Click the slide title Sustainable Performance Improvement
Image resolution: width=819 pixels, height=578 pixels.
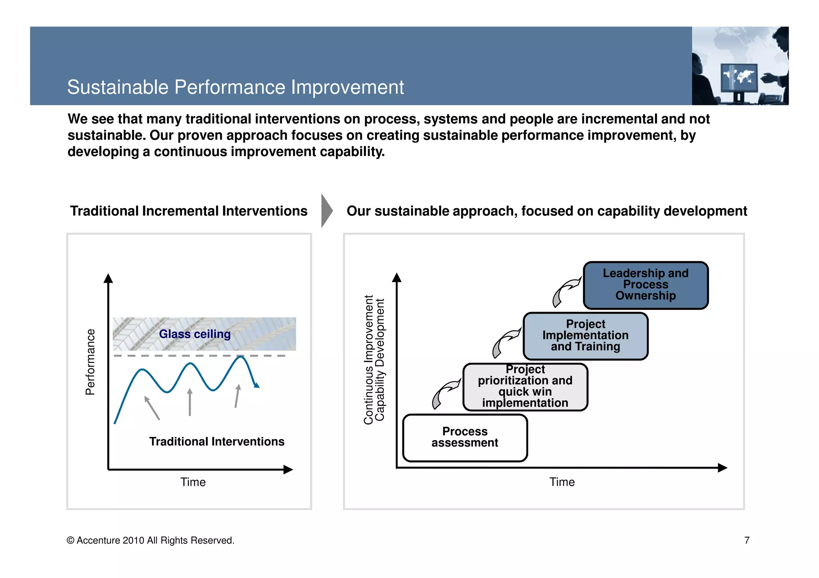click(x=235, y=87)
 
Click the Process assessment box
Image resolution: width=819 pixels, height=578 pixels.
click(x=465, y=438)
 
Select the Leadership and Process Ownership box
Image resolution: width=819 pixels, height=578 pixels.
click(x=645, y=285)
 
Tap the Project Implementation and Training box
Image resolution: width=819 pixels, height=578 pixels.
click(x=585, y=336)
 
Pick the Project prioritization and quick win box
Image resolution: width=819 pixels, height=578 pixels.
click(x=525, y=387)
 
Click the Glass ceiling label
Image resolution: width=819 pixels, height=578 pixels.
click(x=195, y=334)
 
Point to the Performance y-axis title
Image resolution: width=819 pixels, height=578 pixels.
click(x=90, y=362)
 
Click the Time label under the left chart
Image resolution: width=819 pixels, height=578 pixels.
click(x=193, y=482)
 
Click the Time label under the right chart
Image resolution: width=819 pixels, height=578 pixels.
click(x=562, y=482)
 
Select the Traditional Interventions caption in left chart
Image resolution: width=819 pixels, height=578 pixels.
click(x=217, y=441)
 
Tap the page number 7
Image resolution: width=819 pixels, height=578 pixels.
click(x=747, y=540)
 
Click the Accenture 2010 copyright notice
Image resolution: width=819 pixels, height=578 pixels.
click(x=150, y=540)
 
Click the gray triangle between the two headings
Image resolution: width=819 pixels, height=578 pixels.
click(x=326, y=211)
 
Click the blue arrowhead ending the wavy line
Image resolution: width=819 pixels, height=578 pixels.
click(x=257, y=385)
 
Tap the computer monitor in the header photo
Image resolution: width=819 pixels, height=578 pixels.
click(x=738, y=78)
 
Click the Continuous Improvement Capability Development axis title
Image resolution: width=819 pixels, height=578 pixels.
click(x=374, y=360)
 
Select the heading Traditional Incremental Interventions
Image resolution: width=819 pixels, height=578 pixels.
click(x=189, y=211)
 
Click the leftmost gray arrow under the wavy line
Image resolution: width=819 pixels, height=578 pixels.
click(x=152, y=408)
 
